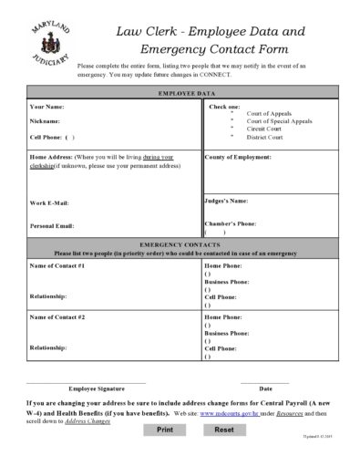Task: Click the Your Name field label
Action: (x=47, y=107)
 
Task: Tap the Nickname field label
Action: (x=45, y=121)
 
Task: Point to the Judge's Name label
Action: (x=226, y=200)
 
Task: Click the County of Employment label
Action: (x=239, y=157)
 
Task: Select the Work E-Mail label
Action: (x=49, y=203)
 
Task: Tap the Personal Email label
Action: (x=52, y=226)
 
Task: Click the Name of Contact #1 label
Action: (x=57, y=265)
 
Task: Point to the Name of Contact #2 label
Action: (x=57, y=316)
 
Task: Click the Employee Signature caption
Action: (x=97, y=388)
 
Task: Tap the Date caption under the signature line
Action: (x=265, y=388)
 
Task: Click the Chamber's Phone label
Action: (x=230, y=223)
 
